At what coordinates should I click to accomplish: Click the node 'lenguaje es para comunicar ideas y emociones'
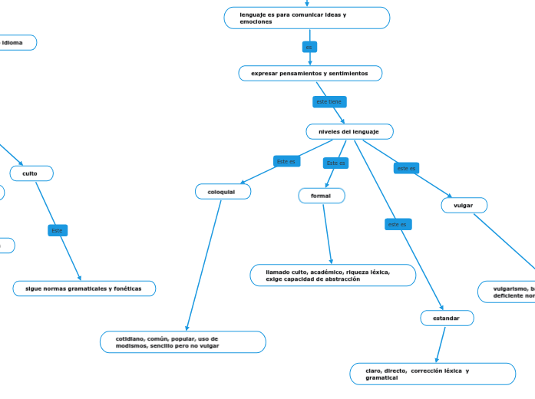click(x=307, y=18)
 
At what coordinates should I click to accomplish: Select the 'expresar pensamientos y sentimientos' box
click(x=310, y=74)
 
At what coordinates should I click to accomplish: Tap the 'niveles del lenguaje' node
click(x=349, y=132)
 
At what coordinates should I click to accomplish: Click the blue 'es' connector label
click(x=309, y=47)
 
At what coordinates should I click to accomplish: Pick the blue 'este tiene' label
click(x=329, y=102)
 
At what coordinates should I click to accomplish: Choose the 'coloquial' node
click(x=223, y=192)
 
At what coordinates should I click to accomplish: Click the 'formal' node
click(x=322, y=196)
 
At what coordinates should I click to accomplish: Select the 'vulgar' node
click(x=464, y=206)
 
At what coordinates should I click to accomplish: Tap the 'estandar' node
click(x=447, y=318)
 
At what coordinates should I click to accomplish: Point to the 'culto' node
click(x=31, y=173)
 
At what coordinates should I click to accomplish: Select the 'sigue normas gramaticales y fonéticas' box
click(x=84, y=289)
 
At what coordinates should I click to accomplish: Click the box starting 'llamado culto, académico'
click(x=332, y=275)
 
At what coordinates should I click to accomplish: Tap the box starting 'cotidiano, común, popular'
click(x=183, y=342)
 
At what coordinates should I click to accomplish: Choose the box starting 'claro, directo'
click(x=433, y=374)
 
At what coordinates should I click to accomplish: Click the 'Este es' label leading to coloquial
click(x=286, y=162)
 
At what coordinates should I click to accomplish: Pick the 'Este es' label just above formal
click(x=335, y=163)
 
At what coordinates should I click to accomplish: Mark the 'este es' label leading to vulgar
click(x=406, y=168)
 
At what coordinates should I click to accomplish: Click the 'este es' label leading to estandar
click(x=398, y=225)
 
